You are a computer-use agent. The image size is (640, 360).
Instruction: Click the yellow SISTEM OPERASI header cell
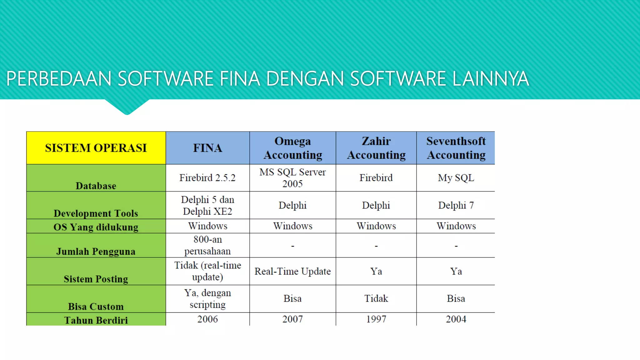pyautogui.click(x=96, y=148)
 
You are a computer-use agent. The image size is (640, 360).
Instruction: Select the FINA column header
pyautogui.click(x=207, y=148)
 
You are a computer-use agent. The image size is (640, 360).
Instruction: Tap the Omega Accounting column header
pyautogui.click(x=293, y=148)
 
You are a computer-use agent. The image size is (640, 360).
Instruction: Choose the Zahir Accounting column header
pyautogui.click(x=376, y=148)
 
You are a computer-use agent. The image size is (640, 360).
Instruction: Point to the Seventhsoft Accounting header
pyautogui.click(x=456, y=148)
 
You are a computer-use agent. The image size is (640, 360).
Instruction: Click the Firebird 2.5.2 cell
pyautogui.click(x=207, y=178)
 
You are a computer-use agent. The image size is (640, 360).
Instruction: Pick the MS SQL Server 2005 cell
pyautogui.click(x=293, y=178)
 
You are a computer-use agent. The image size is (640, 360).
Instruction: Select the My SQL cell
pyautogui.click(x=456, y=178)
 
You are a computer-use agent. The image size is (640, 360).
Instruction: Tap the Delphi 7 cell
pyautogui.click(x=456, y=205)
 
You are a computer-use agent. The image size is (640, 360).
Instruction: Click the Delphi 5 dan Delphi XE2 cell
pyautogui.click(x=207, y=205)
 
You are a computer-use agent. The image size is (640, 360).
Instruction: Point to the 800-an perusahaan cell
pyautogui.click(x=207, y=245)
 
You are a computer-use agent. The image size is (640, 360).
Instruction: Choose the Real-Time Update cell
pyautogui.click(x=293, y=271)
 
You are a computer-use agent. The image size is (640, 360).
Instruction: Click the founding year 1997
pyautogui.click(x=376, y=319)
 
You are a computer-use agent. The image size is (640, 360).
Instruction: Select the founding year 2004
pyautogui.click(x=456, y=319)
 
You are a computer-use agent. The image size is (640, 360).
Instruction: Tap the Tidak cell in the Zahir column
pyautogui.click(x=376, y=298)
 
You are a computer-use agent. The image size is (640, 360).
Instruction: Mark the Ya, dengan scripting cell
pyautogui.click(x=207, y=298)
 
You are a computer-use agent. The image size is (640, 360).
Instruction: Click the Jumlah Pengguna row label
pyautogui.click(x=96, y=251)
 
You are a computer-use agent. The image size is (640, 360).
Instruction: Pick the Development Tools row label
pyautogui.click(x=96, y=213)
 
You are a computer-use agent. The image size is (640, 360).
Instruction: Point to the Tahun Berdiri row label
pyautogui.click(x=96, y=320)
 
